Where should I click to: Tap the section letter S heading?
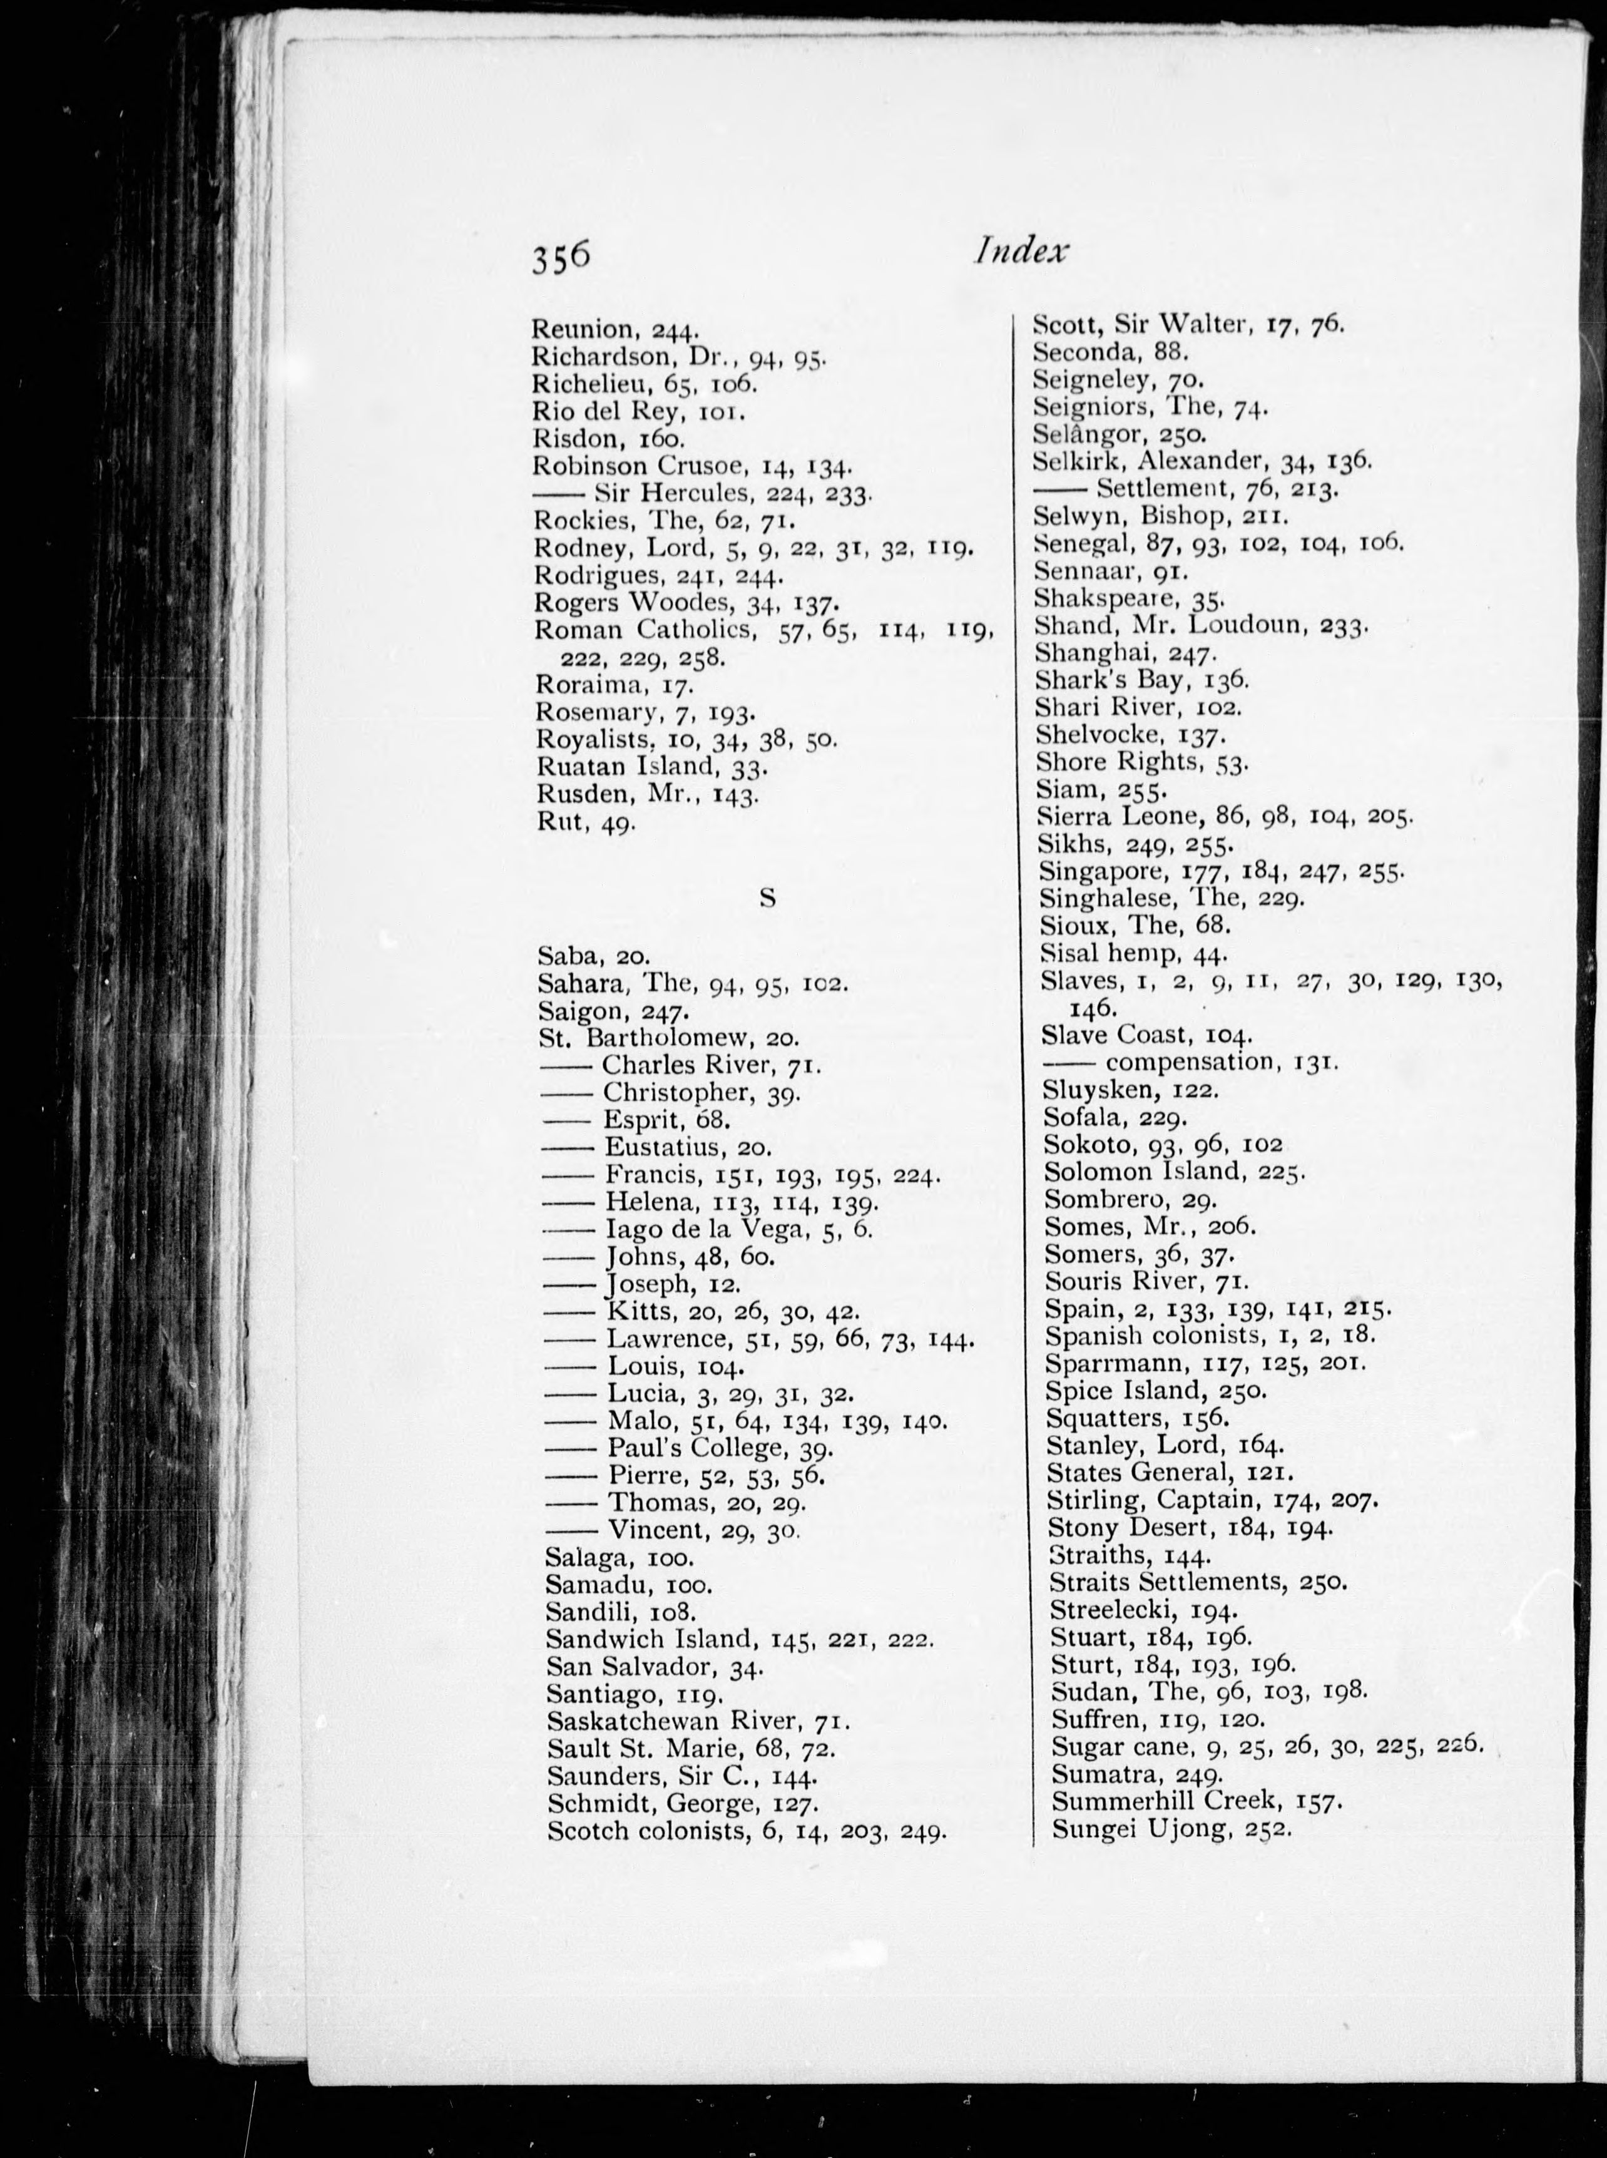(767, 898)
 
